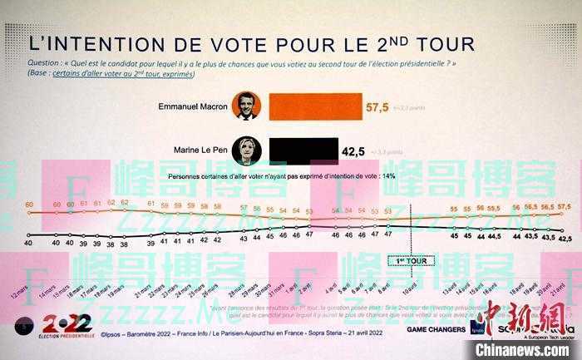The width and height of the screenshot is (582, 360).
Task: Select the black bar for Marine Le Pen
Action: point(300,150)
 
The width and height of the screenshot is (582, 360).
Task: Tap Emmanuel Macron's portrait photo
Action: point(246,106)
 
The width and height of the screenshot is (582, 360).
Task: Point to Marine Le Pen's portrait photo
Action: point(246,150)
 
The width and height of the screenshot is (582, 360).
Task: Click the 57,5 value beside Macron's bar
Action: point(377,107)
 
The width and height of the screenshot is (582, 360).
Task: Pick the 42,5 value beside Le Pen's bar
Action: point(354,151)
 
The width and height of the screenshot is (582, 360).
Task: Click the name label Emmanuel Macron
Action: point(193,106)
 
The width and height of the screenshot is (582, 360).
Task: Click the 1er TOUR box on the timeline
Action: point(407,260)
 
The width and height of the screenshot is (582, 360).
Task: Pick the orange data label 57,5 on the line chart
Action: point(565,205)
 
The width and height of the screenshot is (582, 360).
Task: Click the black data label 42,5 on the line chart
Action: point(565,239)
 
